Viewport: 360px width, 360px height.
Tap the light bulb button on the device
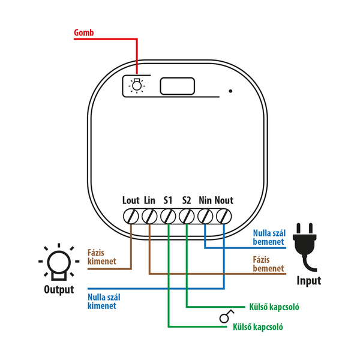tap(137, 85)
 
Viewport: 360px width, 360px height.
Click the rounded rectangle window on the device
tap(178, 86)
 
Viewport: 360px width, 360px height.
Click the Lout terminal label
tap(130, 200)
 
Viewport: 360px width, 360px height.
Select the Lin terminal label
tap(150, 200)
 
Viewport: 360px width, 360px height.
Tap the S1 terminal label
tap(168, 200)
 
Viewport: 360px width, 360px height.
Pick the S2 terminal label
tap(187, 200)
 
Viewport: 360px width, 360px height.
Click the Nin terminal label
tap(205, 200)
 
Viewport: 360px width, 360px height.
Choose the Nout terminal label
tap(224, 200)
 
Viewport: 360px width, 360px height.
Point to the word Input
tap(309, 280)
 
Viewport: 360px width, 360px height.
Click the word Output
tap(59, 290)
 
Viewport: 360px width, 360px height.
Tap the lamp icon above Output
tap(59, 262)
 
